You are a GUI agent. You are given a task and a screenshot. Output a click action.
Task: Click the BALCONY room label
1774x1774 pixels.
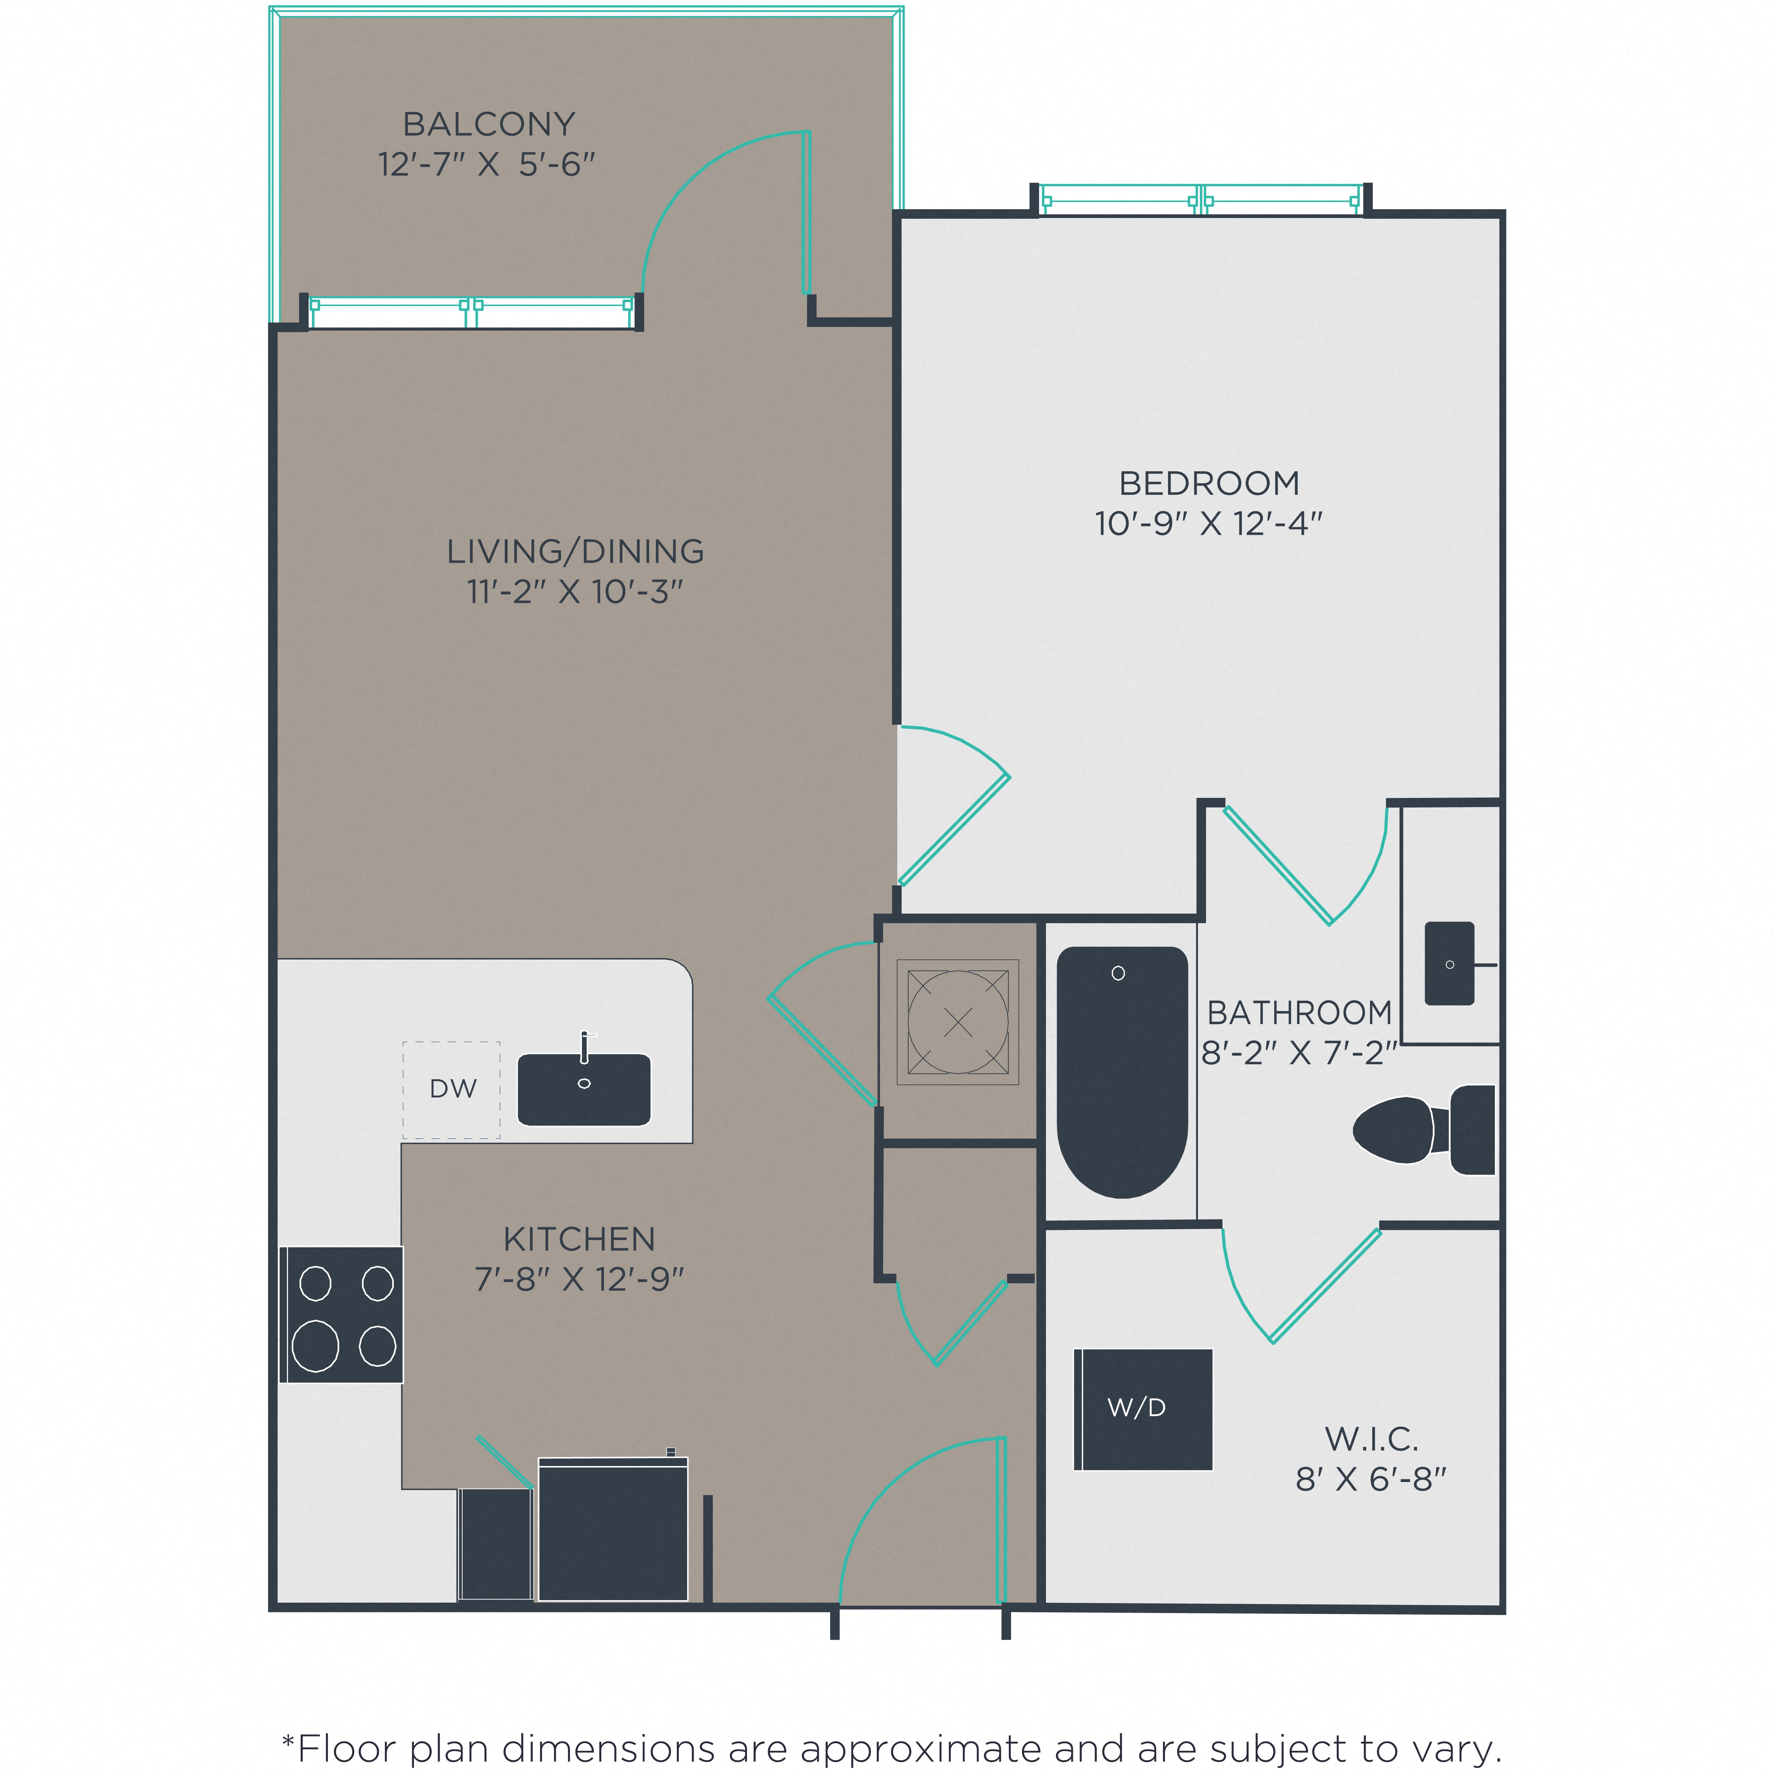point(489,124)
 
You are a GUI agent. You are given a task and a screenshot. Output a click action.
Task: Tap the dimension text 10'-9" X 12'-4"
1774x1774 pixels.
point(1208,523)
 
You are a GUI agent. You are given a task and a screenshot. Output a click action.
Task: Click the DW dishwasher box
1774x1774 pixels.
point(452,1090)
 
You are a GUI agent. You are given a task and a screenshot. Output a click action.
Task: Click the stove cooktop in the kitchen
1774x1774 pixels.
point(342,1314)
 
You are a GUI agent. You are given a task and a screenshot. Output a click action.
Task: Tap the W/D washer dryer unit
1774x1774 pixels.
point(1143,1409)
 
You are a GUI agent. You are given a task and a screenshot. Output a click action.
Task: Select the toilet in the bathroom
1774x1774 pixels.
point(1423,1129)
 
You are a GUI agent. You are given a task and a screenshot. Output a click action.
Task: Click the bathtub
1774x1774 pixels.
point(1122,1072)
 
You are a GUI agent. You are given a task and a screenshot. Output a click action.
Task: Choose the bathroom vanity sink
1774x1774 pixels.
point(1449,963)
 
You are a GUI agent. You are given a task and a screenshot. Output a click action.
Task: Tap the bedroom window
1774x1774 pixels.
point(1202,199)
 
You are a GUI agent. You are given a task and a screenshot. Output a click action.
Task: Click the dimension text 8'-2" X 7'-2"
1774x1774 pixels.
point(1298,1052)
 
